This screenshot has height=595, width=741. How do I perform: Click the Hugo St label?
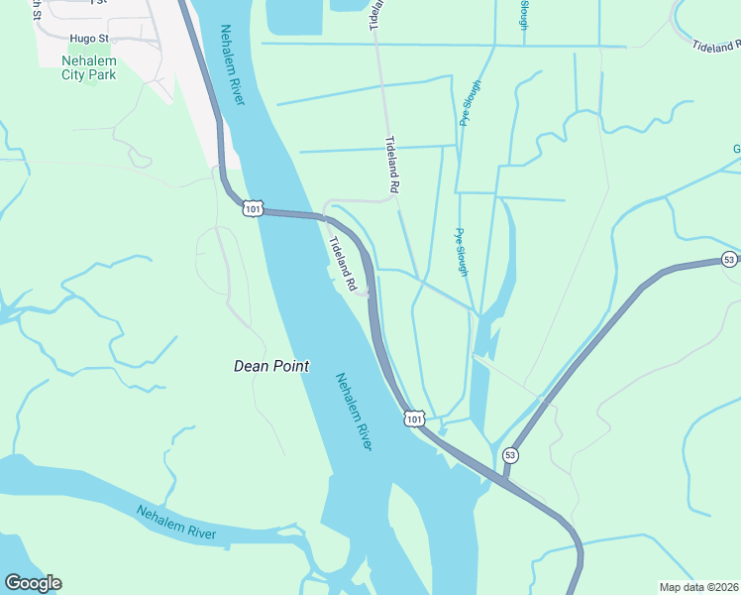pyautogui.click(x=87, y=39)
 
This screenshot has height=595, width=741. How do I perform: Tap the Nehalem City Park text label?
pyautogui.click(x=89, y=67)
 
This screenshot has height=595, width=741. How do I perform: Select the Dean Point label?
pyautogui.click(x=271, y=366)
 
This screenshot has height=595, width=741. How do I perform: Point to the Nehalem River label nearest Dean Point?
pyautogui.click(x=354, y=412)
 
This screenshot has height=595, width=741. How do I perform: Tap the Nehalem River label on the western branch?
pyautogui.click(x=176, y=524)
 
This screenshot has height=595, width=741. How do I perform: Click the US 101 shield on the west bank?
pyautogui.click(x=253, y=208)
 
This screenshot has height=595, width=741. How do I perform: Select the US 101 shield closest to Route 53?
pyautogui.click(x=414, y=418)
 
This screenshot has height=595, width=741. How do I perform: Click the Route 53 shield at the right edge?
pyautogui.click(x=729, y=260)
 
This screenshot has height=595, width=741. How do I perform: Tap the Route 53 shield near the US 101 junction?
pyautogui.click(x=510, y=455)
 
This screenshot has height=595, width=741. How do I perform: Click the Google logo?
pyautogui.click(x=33, y=583)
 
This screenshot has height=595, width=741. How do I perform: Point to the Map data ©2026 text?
pyautogui.click(x=699, y=587)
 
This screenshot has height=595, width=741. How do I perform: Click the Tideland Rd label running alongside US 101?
pyautogui.click(x=344, y=264)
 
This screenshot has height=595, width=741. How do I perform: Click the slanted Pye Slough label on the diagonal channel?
pyautogui.click(x=470, y=103)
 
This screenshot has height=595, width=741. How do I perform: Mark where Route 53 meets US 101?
pyautogui.click(x=504, y=478)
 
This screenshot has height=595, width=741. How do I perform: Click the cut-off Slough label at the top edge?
pyautogui.click(x=524, y=14)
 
